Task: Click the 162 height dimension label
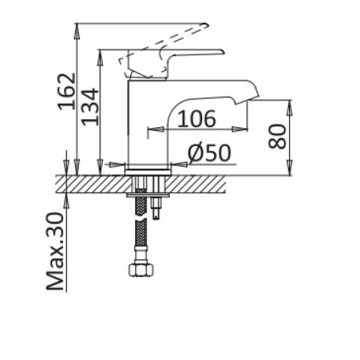tap(66, 92)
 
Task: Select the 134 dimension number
tap(90, 107)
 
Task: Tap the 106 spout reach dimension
tap(197, 119)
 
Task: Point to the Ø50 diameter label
tap(209, 153)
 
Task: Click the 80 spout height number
tap(277, 137)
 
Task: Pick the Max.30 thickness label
tap(55, 251)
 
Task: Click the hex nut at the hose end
tap(141, 270)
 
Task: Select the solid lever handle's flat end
tap(221, 51)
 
